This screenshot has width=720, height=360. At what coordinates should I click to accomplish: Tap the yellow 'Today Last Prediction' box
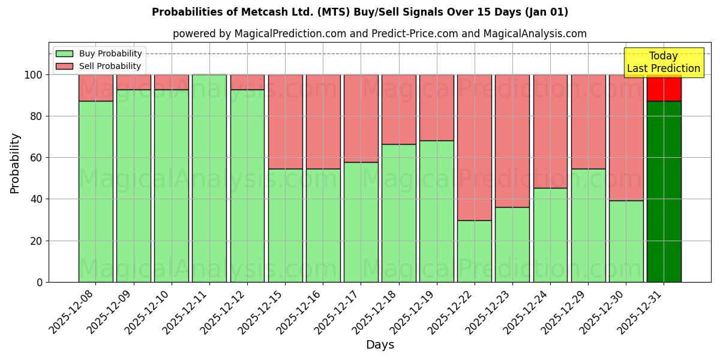[664, 62]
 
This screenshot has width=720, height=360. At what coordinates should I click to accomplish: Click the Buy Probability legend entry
[99, 53]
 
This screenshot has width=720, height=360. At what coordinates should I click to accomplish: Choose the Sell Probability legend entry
[99, 66]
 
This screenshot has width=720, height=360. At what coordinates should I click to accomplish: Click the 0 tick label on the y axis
[40, 282]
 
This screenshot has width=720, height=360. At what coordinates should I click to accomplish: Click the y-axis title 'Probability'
[15, 163]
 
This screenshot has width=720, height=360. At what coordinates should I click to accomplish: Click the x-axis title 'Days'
[380, 345]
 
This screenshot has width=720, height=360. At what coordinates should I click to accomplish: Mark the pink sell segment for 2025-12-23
[512, 141]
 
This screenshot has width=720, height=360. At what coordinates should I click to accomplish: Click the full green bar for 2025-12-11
[209, 178]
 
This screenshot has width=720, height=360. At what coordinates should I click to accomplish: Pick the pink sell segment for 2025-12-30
[626, 138]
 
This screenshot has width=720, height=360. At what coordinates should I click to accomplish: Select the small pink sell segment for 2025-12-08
[95, 88]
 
